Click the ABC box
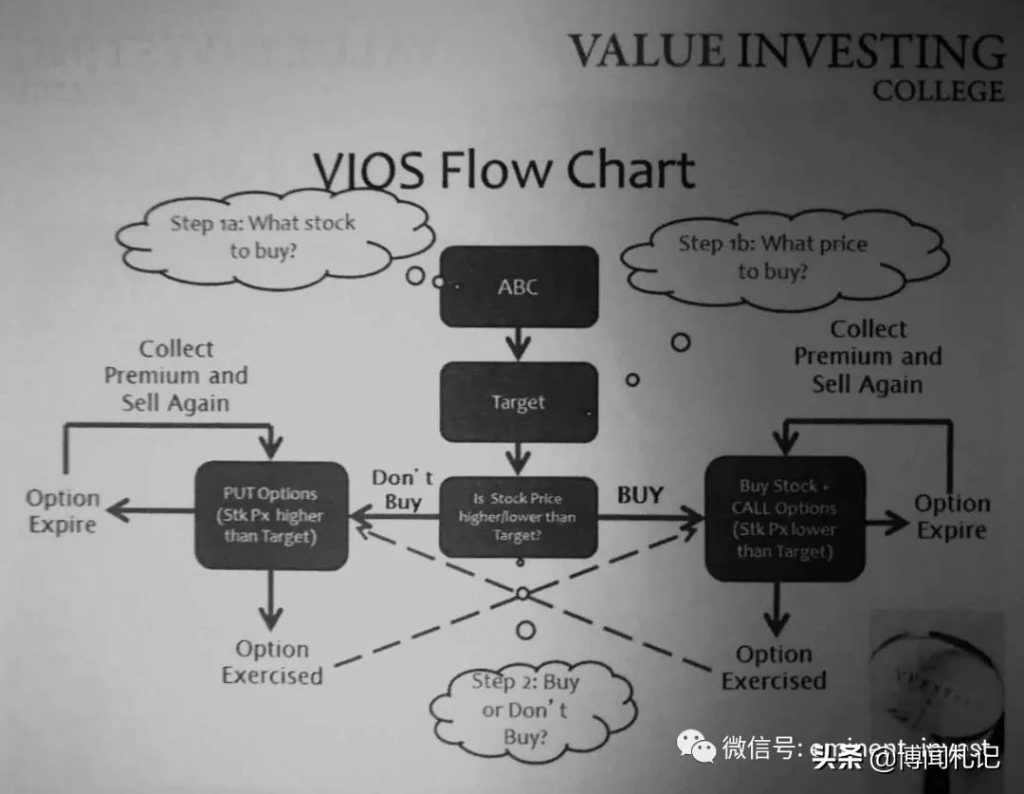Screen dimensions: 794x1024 tap(518, 286)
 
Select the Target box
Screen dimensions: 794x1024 tap(518, 402)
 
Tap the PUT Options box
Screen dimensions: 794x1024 tap(271, 515)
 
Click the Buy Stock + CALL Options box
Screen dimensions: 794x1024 tap(784, 519)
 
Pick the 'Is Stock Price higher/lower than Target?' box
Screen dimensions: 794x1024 tap(518, 516)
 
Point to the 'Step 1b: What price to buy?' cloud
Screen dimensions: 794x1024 tap(773, 257)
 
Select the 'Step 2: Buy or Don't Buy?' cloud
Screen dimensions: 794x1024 tap(512, 709)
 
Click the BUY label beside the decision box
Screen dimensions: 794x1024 tap(640, 494)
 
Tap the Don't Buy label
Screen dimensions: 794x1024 tap(402, 489)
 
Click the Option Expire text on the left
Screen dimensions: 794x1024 tap(63, 511)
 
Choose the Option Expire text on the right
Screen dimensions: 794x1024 tap(952, 517)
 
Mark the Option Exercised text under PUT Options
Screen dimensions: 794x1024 tap(272, 662)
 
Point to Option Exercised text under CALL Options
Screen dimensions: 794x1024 tap(774, 668)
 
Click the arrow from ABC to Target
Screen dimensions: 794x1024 tap(518, 342)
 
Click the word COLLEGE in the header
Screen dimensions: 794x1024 tap(938, 91)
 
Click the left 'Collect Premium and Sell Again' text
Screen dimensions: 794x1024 tap(176, 376)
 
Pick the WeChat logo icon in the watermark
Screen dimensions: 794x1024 tap(703, 748)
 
